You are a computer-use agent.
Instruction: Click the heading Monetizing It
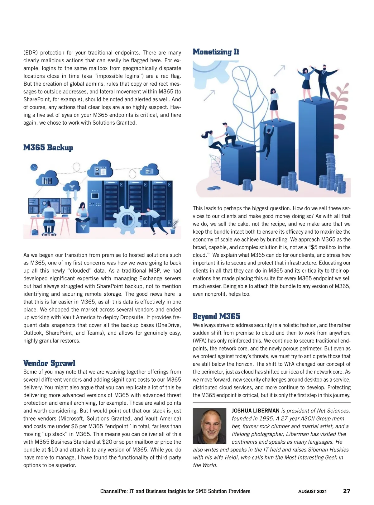tap(216, 52)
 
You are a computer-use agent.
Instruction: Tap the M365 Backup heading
tap(48, 147)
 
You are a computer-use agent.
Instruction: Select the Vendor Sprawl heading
tap(49, 363)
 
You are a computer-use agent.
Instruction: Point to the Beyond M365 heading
tap(216, 316)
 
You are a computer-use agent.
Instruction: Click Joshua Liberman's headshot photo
tap(209, 426)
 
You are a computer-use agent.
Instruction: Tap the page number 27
tap(347, 491)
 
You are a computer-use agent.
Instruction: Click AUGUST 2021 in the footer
tap(312, 491)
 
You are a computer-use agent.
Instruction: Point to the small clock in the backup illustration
tap(34, 167)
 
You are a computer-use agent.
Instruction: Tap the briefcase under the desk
tap(35, 232)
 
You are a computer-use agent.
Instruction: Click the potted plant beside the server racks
tap(173, 226)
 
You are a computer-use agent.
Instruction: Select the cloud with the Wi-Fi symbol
tap(72, 187)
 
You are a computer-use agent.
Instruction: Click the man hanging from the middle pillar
tap(267, 139)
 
